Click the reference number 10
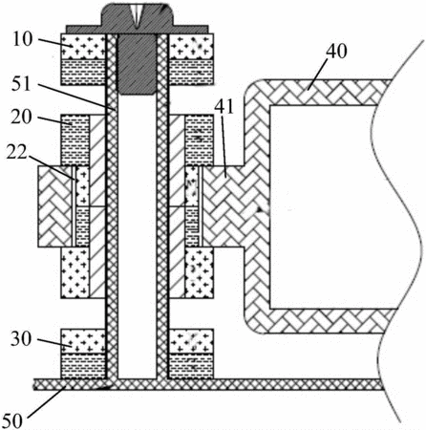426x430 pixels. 22,39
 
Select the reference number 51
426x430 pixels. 22,84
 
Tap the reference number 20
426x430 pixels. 22,118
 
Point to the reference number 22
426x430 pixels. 17,153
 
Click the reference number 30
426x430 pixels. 21,339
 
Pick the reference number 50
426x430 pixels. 12,420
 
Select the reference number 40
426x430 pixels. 336,51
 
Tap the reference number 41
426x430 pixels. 224,107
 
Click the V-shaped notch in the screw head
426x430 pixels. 136,16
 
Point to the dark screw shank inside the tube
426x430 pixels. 137,64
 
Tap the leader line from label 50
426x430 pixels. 47,399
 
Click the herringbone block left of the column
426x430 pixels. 54,206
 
